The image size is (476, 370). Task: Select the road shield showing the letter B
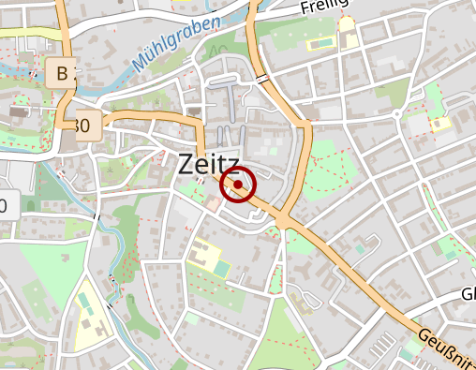tap(62, 73)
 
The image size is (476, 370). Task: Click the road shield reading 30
tap(85, 124)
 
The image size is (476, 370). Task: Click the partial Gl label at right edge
tap(467, 294)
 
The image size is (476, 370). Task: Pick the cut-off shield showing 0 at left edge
tap(6, 205)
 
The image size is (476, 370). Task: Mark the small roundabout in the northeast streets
tap(397, 114)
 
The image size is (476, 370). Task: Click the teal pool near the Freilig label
tap(321, 43)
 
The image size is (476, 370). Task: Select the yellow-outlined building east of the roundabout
tap(439, 122)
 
